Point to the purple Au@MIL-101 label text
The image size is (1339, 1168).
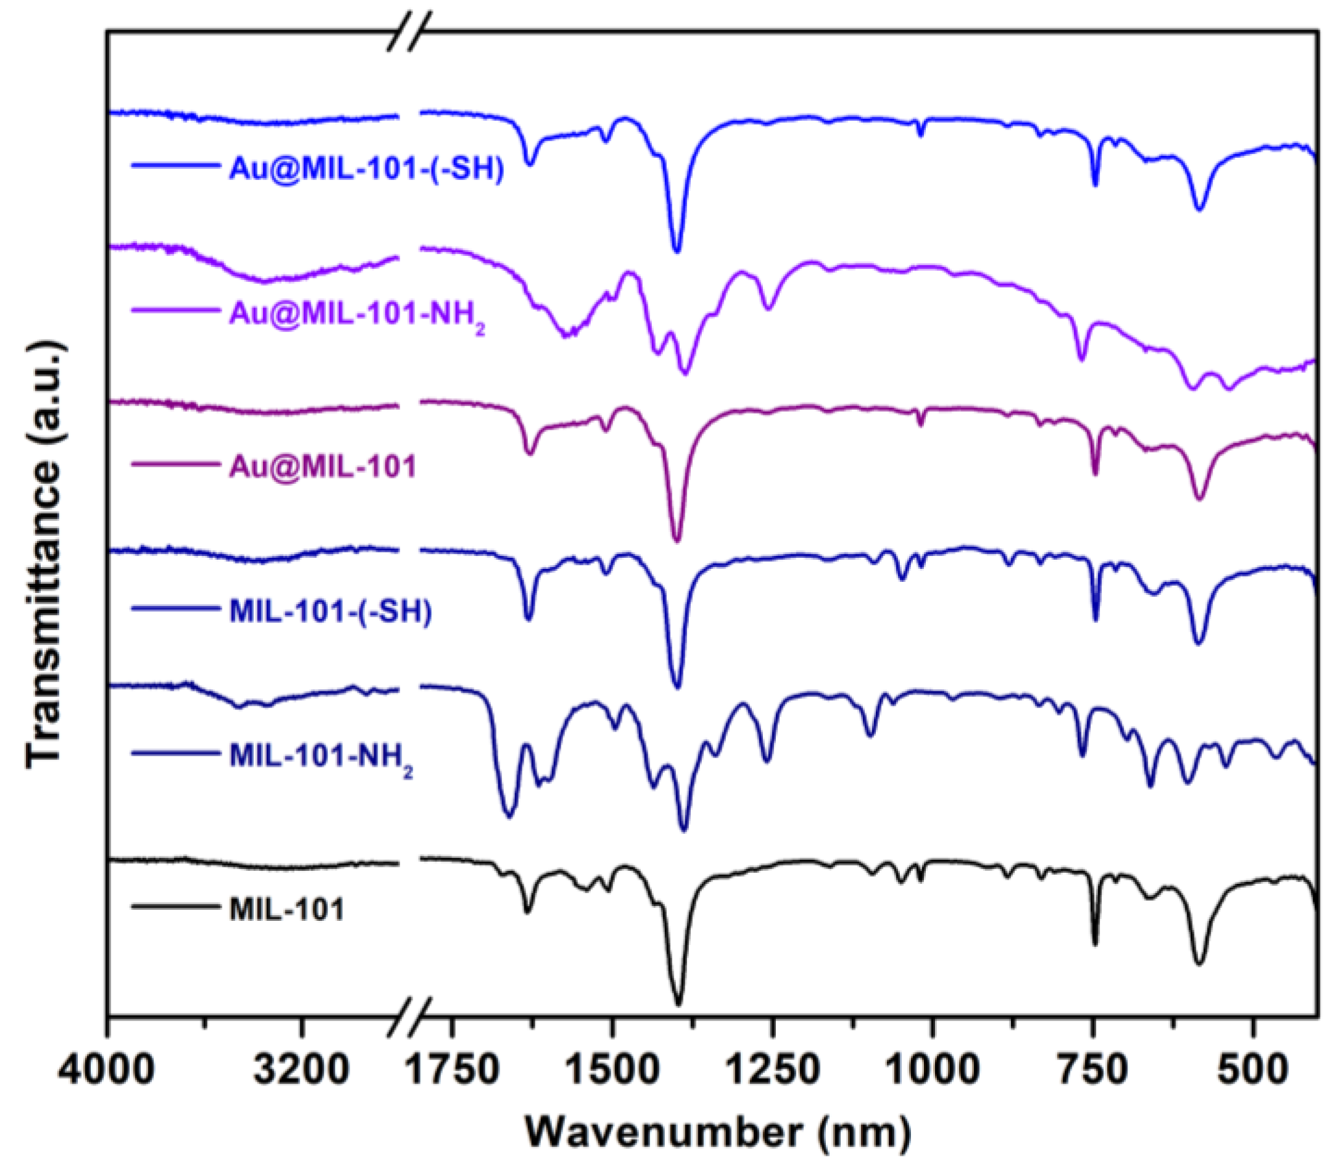point(322,467)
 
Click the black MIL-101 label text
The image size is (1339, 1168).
point(286,909)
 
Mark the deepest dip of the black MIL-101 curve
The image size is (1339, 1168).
point(678,1002)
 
